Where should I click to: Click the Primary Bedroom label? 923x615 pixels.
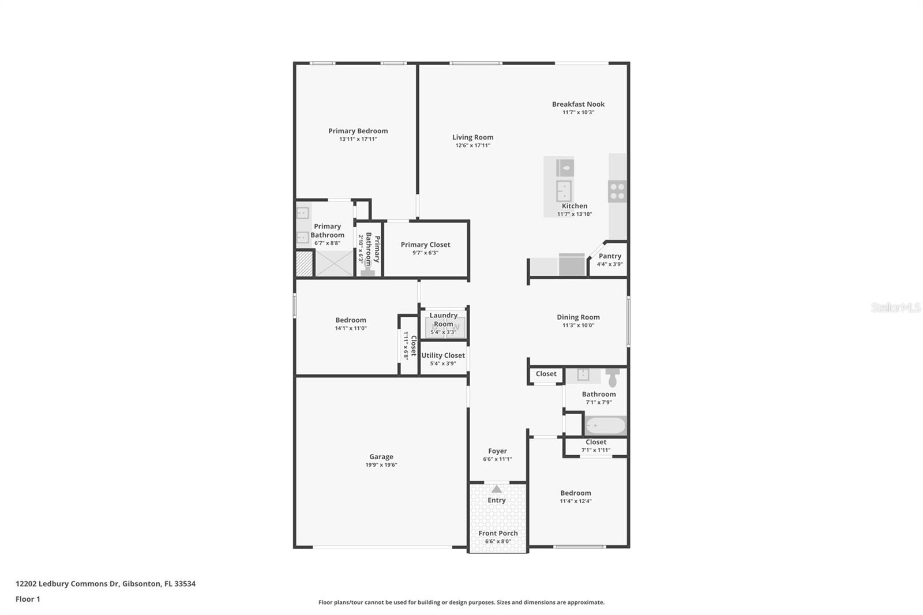click(358, 131)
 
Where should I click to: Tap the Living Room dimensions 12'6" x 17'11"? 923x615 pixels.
click(472, 145)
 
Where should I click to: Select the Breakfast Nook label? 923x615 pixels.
click(578, 104)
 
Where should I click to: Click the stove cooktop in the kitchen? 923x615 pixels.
click(617, 191)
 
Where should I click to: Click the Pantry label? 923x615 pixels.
click(610, 256)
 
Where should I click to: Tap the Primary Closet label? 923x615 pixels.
click(425, 245)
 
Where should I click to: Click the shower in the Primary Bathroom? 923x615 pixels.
click(334, 263)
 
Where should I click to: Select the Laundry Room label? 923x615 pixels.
click(444, 320)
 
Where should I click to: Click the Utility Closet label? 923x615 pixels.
click(442, 355)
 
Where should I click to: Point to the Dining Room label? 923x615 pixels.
click(578, 317)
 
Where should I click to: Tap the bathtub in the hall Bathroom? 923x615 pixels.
click(606, 426)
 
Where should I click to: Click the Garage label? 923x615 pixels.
click(381, 456)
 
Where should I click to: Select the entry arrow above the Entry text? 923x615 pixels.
click(497, 489)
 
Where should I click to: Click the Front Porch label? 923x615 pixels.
click(498, 533)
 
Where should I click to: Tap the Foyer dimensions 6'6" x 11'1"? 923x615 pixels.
click(497, 459)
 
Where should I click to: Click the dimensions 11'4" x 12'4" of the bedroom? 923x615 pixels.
click(576, 501)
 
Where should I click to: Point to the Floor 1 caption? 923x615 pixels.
click(28, 599)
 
